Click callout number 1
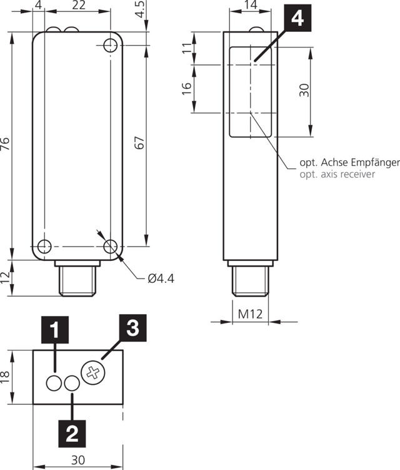pos(54,329)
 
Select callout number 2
pos(72,431)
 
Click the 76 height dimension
pos(6,145)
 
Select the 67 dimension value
pos(140,145)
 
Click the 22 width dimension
pos(78,6)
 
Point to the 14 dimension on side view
pos(250,6)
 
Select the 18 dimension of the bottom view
pos(6,377)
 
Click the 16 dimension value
pos(186,88)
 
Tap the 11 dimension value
pos(186,49)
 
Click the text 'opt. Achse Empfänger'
pos(349,163)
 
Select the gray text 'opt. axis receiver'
pos(338,174)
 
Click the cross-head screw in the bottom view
pos(94,374)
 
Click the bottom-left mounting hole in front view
pos(44,246)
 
